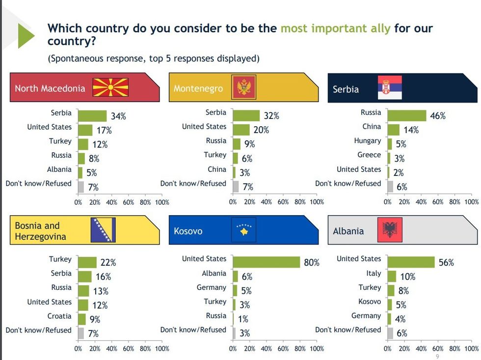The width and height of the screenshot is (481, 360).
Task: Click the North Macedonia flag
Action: [110, 87]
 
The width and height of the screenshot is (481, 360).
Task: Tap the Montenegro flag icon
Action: [243, 88]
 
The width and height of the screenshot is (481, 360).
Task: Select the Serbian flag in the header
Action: [389, 88]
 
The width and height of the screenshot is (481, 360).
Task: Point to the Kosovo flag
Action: [243, 230]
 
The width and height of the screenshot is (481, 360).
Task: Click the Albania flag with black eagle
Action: [390, 230]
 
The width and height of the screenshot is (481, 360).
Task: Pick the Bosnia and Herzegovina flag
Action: [103, 230]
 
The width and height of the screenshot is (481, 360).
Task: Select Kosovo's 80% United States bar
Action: [266, 262]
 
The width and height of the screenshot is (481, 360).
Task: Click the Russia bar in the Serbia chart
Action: [407, 115]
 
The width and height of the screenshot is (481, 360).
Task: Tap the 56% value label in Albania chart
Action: [447, 263]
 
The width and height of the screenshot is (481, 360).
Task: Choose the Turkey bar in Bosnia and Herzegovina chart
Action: [87, 262]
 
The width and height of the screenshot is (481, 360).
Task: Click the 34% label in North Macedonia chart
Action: [118, 116]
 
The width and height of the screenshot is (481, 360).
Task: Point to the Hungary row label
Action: [367, 141]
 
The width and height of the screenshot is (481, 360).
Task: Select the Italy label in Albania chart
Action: [374, 273]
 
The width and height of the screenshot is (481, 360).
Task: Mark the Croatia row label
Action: [59, 316]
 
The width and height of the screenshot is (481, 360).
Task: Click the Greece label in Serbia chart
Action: [369, 155]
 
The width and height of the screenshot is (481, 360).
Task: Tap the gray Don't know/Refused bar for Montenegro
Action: [236, 187]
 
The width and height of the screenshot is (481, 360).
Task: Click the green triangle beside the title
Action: [26, 35]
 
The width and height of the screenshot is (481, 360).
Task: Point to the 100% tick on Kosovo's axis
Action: [317, 349]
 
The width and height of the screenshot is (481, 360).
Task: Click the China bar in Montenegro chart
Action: [234, 172]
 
